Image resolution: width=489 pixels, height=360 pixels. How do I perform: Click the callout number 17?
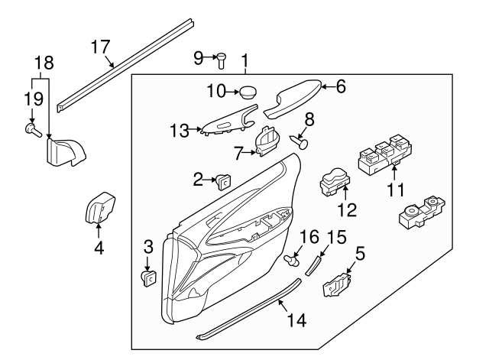coord(101,47)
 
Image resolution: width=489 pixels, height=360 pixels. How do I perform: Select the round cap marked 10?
coord(248,92)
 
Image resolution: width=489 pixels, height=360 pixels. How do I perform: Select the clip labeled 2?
coord(224,181)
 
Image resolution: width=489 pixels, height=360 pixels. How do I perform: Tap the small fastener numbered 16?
coord(290,261)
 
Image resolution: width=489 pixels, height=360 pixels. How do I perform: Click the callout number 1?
coord(245,59)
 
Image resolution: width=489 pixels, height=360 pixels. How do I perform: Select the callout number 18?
coord(46,63)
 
